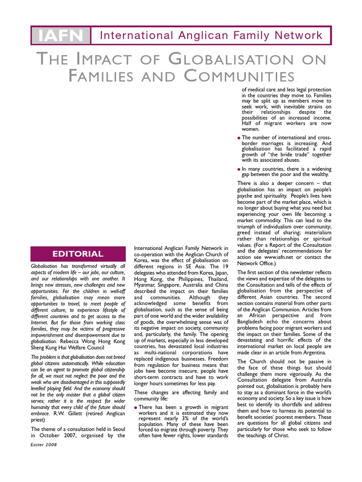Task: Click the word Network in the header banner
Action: click(x=299, y=35)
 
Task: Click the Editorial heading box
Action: click(x=78, y=254)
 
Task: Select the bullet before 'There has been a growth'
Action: click(x=136, y=407)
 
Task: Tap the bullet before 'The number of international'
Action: click(x=239, y=137)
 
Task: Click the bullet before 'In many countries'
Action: click(x=239, y=168)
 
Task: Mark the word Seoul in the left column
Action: click(x=117, y=429)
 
